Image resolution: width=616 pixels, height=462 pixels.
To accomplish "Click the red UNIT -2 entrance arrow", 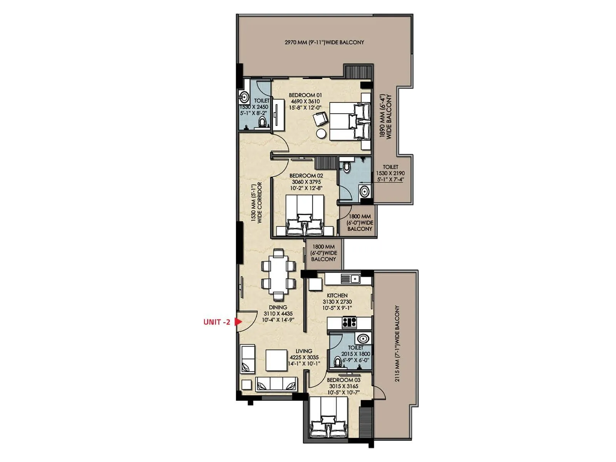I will (238, 321).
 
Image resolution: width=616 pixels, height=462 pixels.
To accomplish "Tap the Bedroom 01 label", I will (305, 95).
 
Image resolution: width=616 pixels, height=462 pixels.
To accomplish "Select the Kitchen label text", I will (337, 295).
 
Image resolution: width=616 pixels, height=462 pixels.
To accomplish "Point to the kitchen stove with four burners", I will (349, 322).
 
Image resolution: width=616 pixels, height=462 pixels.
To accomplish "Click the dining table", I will (278, 275).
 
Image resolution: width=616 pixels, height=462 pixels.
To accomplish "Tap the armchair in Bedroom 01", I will (320, 119).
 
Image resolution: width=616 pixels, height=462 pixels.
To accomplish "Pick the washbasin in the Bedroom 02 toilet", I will (364, 191).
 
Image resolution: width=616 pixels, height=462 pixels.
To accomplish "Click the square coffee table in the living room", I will (276, 360).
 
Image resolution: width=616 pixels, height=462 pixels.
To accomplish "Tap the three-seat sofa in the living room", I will (276, 384).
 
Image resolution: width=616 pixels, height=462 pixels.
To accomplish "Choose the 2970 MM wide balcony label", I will (324, 42).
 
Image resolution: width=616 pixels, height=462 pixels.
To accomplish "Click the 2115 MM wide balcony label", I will (397, 343).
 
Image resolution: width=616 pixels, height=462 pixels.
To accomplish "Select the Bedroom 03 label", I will (343, 380).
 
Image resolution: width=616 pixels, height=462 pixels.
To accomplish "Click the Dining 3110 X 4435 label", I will (278, 313).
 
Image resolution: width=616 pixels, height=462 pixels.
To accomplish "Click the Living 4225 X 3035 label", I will (304, 357).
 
